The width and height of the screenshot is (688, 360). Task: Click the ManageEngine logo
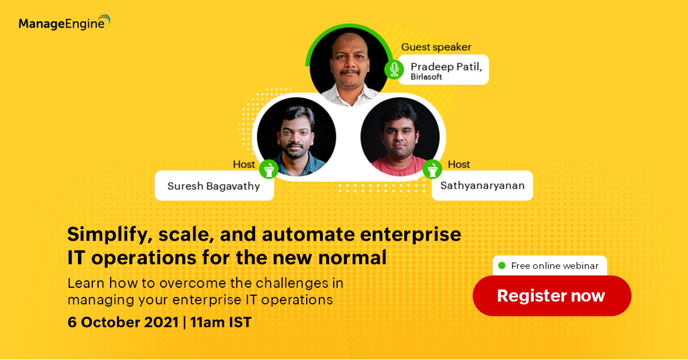point(64,22)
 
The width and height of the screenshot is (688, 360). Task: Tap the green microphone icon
point(394,69)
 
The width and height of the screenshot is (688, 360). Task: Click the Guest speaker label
point(436,47)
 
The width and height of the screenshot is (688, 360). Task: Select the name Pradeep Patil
point(446,66)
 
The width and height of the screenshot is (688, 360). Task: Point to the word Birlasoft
point(427,77)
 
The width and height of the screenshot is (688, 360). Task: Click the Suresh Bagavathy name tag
point(214,186)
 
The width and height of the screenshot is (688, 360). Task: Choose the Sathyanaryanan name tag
point(482,186)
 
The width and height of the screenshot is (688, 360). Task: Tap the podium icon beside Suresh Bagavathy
point(269,169)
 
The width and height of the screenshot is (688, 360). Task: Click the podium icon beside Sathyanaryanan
point(432,169)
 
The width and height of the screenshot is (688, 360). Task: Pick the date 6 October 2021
point(123,322)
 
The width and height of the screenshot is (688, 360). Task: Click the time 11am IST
point(221,322)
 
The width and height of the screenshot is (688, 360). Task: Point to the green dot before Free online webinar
point(502,265)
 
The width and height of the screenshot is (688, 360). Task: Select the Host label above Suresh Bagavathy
point(244,165)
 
